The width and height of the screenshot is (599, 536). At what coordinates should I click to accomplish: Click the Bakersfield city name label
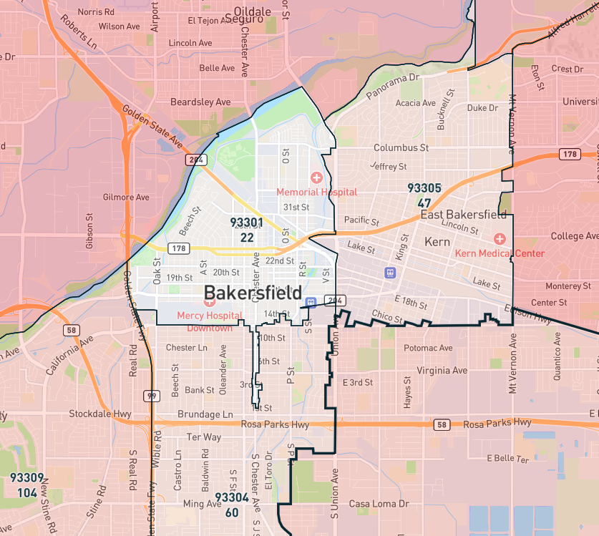253,293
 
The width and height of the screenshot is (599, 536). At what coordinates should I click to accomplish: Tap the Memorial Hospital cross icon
316,177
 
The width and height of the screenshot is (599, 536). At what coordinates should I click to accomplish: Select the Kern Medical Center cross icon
500,238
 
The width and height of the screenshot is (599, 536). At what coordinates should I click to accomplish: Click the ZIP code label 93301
247,223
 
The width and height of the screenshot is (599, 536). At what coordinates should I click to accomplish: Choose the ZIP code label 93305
424,188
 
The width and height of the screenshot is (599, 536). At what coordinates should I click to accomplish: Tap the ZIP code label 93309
27,477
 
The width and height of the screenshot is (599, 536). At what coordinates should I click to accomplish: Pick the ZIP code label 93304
232,497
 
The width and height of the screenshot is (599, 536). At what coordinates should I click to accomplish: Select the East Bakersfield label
463,215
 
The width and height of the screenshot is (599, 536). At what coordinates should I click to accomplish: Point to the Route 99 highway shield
151,396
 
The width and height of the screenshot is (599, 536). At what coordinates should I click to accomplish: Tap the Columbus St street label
401,148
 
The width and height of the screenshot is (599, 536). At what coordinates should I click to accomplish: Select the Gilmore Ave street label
126,197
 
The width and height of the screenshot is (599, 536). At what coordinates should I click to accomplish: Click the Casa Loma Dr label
379,504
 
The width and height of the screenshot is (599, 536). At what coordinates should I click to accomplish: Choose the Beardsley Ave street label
200,102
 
